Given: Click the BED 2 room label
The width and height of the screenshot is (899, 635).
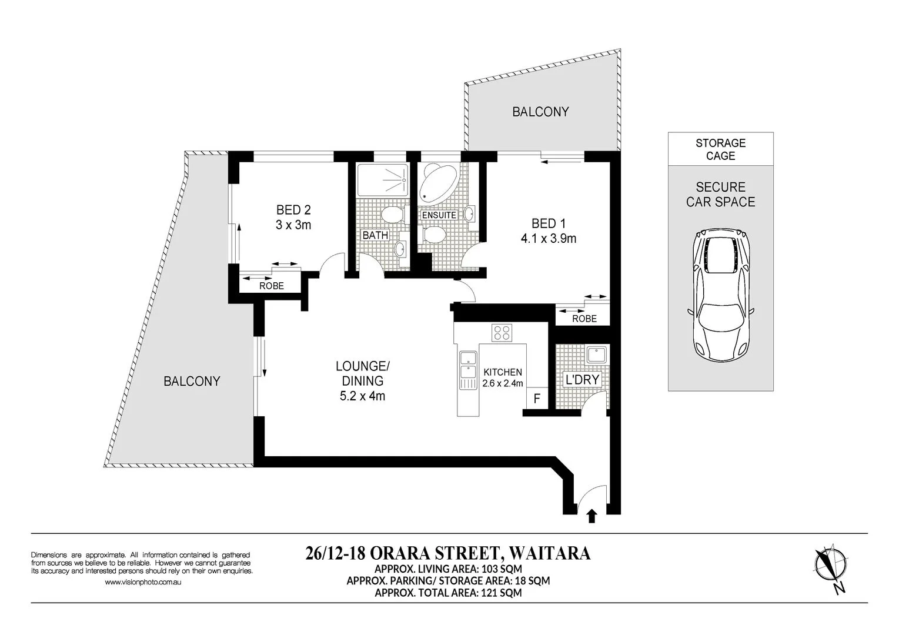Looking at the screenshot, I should pyautogui.click(x=293, y=210).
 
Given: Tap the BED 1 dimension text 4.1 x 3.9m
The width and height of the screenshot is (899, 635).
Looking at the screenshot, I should pyautogui.click(x=548, y=239).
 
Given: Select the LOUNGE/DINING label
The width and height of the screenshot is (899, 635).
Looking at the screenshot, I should pyautogui.click(x=362, y=373).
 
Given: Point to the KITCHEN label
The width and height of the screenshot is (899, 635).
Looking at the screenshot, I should pyautogui.click(x=502, y=372).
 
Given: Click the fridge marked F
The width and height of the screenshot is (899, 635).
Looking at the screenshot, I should pyautogui.click(x=536, y=398).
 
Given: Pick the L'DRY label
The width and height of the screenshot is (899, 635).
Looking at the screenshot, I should pyautogui.click(x=581, y=380).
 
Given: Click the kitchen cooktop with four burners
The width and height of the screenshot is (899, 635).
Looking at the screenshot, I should pyautogui.click(x=502, y=333).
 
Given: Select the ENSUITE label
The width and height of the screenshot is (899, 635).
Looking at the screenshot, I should pyautogui.click(x=439, y=215).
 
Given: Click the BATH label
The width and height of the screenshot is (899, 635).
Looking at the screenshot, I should pyautogui.click(x=375, y=235).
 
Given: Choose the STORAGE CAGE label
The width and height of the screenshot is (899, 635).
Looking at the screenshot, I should pyautogui.click(x=720, y=149).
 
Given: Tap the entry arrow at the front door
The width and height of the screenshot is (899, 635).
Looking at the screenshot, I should pyautogui.click(x=591, y=516).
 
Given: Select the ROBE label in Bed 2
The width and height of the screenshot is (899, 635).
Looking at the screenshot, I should pyautogui.click(x=272, y=286).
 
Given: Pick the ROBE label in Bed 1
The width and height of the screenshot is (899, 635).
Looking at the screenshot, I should pyautogui.click(x=584, y=319).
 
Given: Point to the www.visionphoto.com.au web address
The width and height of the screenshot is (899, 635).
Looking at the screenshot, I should pyautogui.click(x=142, y=582).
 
